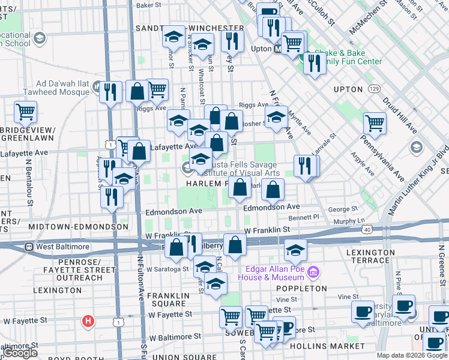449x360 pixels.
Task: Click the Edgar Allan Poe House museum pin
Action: pyautogui.click(x=312, y=274)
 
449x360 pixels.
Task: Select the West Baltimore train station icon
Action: pyautogui.click(x=28, y=247)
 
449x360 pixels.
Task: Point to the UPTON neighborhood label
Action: pyautogui.click(x=348, y=89)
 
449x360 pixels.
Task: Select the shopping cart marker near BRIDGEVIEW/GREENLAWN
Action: pyautogui.click(x=26, y=111)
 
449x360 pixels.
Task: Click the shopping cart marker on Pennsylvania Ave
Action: pyautogui.click(x=375, y=123)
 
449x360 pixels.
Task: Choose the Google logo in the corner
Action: pyautogui.click(x=20, y=353)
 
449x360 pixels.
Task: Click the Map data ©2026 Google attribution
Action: pyautogui.click(x=411, y=355)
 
